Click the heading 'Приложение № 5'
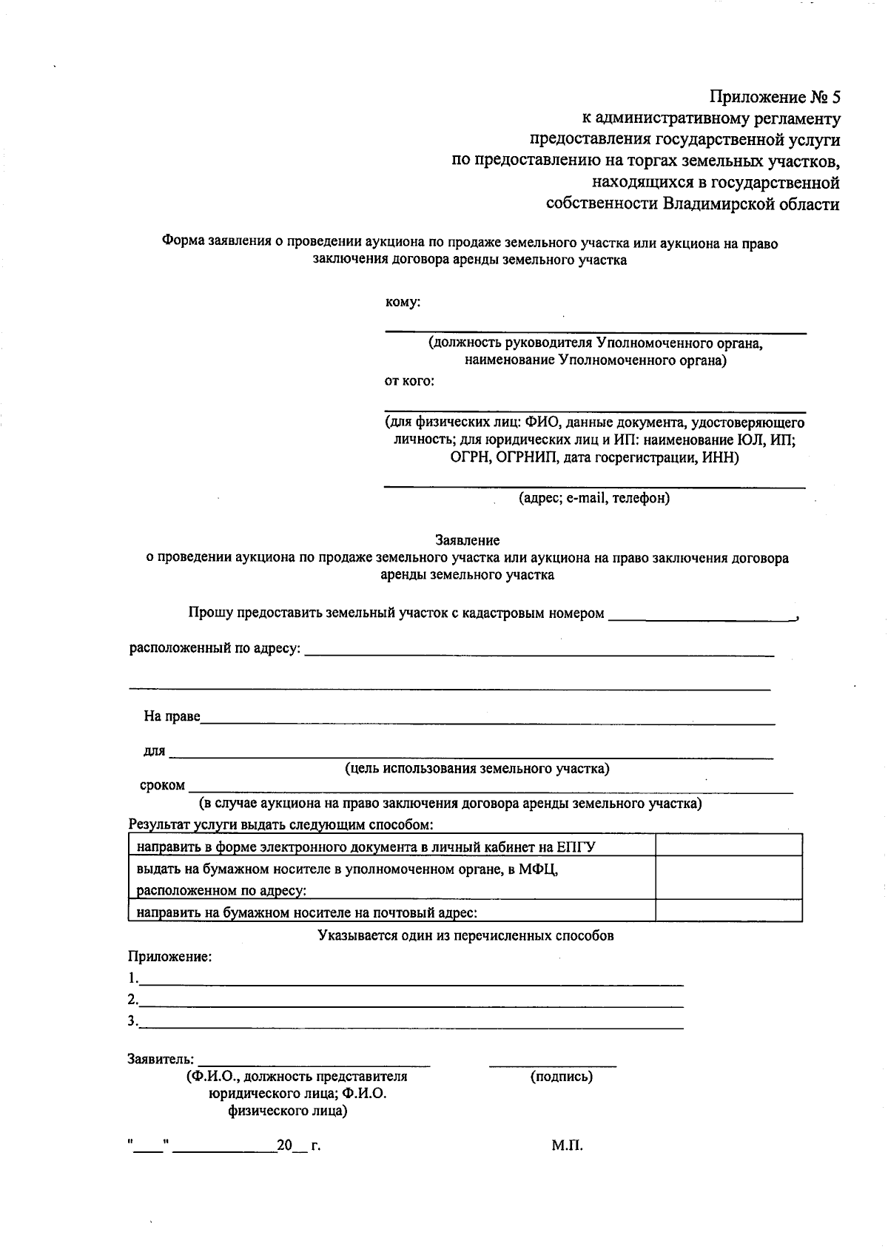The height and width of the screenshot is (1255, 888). [775, 97]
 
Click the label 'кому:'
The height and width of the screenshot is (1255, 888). [403, 302]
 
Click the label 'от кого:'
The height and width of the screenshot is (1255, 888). [409, 382]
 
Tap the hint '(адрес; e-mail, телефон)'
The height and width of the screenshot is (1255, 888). [594, 498]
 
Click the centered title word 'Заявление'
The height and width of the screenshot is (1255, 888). [467, 541]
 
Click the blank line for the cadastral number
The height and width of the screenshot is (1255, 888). [699, 616]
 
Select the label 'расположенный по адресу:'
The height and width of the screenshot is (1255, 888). [215, 648]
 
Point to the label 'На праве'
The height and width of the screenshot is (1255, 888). [172, 716]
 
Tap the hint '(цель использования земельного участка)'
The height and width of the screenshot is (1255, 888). [477, 769]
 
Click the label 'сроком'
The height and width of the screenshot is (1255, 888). [162, 785]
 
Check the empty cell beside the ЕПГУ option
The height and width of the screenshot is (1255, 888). [728, 845]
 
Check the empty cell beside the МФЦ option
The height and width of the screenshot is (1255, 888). [728, 878]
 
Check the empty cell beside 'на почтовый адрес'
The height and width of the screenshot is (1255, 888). [728, 911]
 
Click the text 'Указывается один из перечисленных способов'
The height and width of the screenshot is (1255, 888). [465, 935]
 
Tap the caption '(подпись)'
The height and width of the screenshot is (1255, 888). [562, 1077]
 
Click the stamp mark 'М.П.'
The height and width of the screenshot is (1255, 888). [567, 1146]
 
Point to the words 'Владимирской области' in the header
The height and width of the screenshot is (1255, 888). [751, 204]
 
